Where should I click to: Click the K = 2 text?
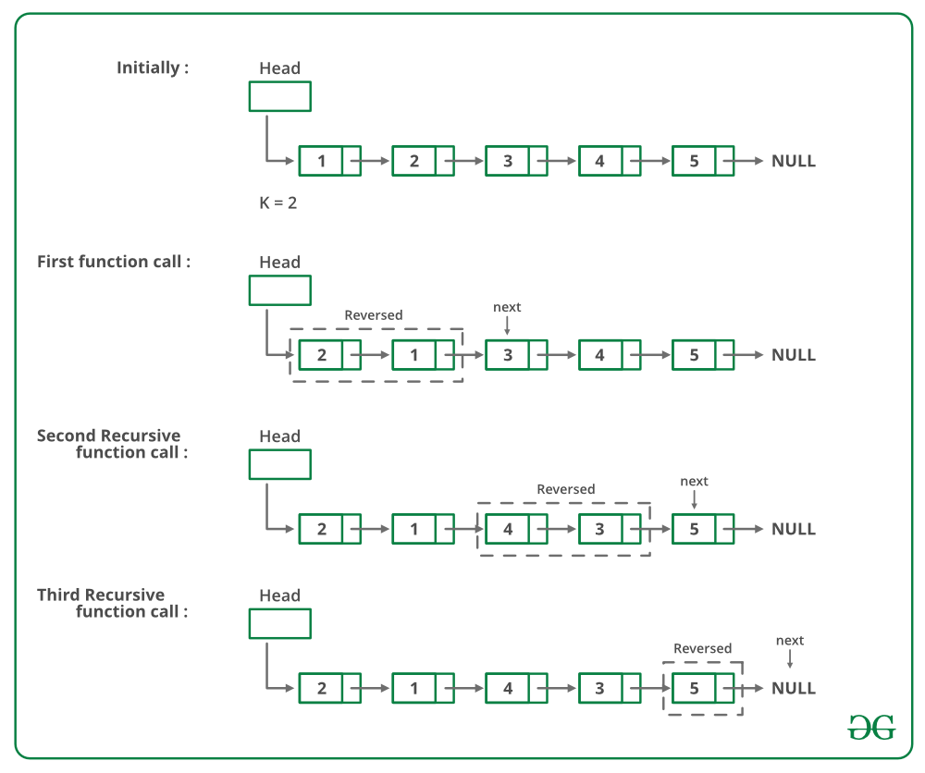point(277,202)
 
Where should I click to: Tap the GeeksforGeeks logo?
point(871,727)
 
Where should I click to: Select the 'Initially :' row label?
point(153,67)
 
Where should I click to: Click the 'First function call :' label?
point(114,262)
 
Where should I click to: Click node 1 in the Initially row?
point(321,161)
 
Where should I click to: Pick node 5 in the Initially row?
point(694,161)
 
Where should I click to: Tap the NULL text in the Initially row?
point(794,161)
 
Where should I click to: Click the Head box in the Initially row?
point(280,96)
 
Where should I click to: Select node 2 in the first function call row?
point(321,355)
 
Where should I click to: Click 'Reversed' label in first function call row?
point(374,315)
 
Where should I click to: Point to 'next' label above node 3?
point(507,307)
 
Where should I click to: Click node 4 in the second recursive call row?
point(507,529)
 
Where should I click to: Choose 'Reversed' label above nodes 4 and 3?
point(566,489)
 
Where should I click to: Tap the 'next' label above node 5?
point(694,481)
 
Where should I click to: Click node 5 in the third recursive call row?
point(694,688)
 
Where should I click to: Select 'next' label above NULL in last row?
point(790,641)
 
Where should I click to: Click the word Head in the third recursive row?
point(280,595)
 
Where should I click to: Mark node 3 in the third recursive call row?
point(600,688)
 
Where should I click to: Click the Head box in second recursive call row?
point(280,464)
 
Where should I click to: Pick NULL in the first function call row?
point(794,355)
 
